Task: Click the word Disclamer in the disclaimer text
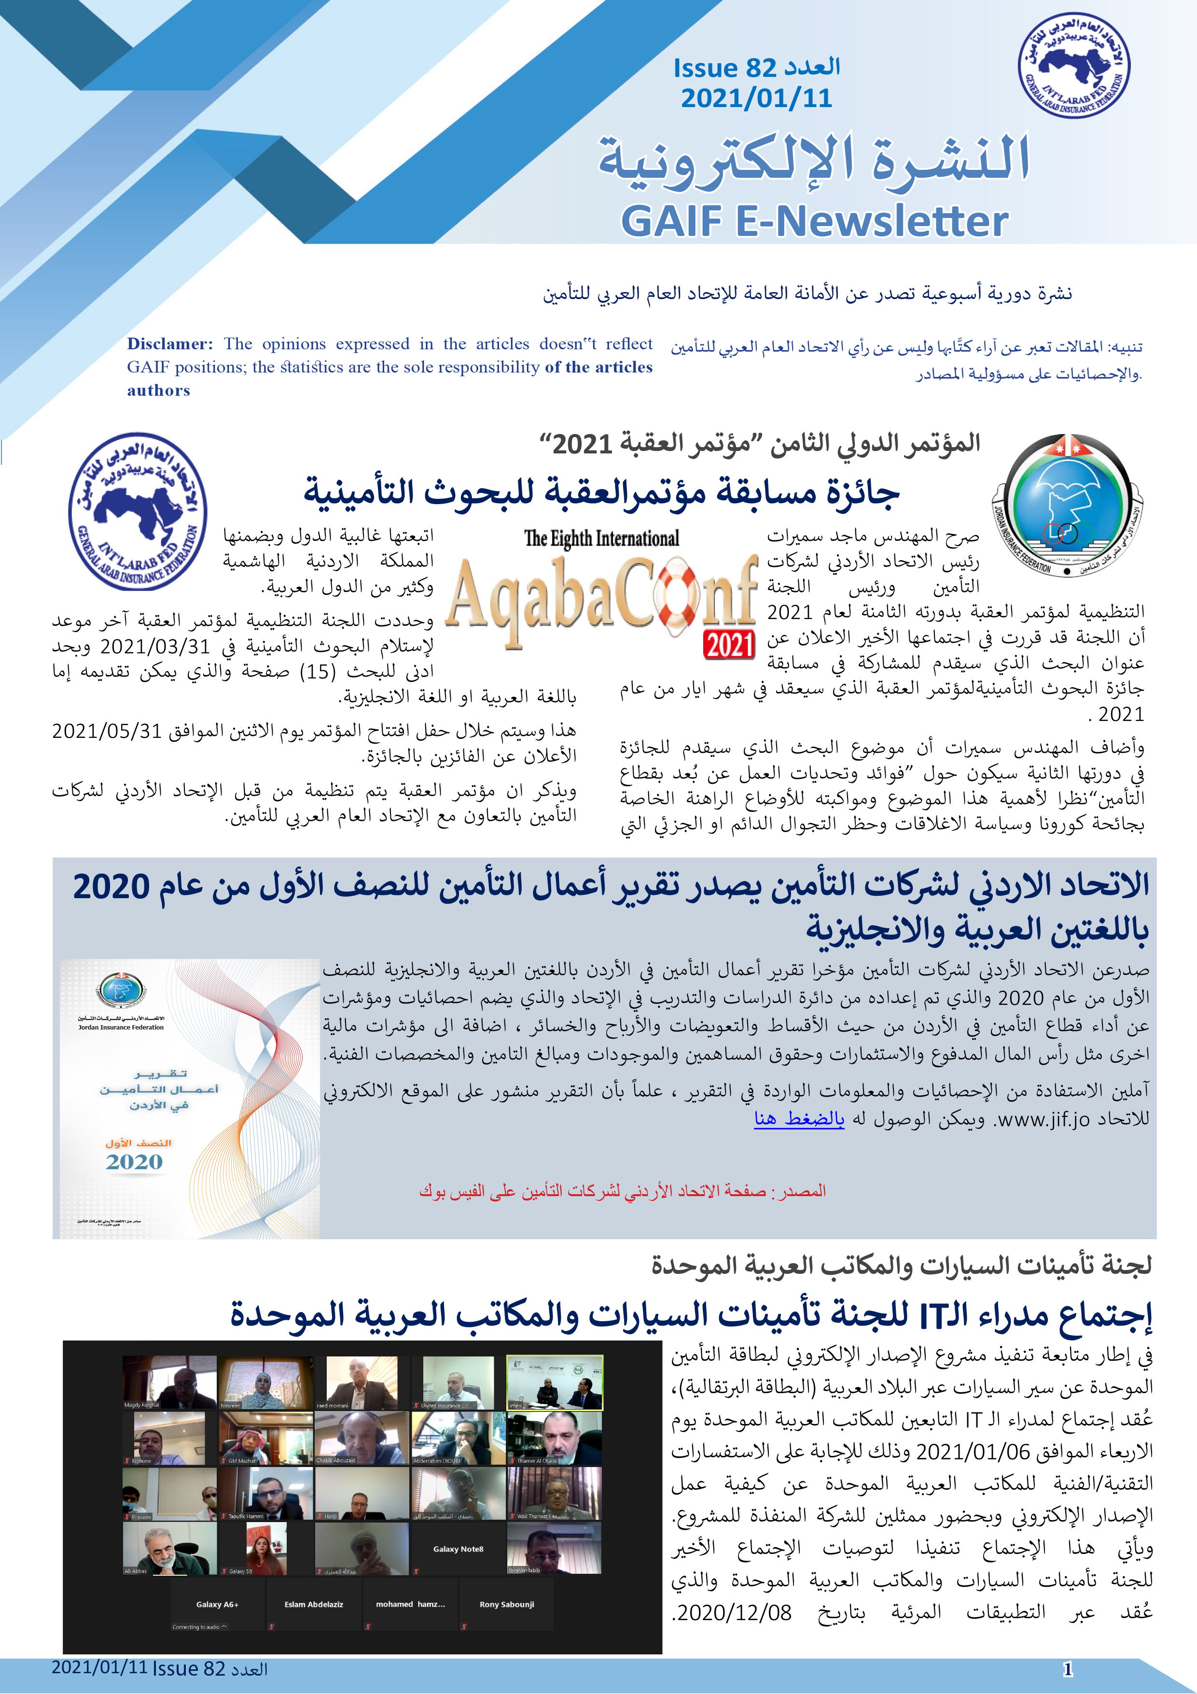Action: [169, 344]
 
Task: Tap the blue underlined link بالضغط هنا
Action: [799, 1118]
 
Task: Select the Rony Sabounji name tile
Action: [507, 1605]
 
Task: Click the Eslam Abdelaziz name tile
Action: [313, 1605]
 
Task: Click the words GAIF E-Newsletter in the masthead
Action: [814, 220]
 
